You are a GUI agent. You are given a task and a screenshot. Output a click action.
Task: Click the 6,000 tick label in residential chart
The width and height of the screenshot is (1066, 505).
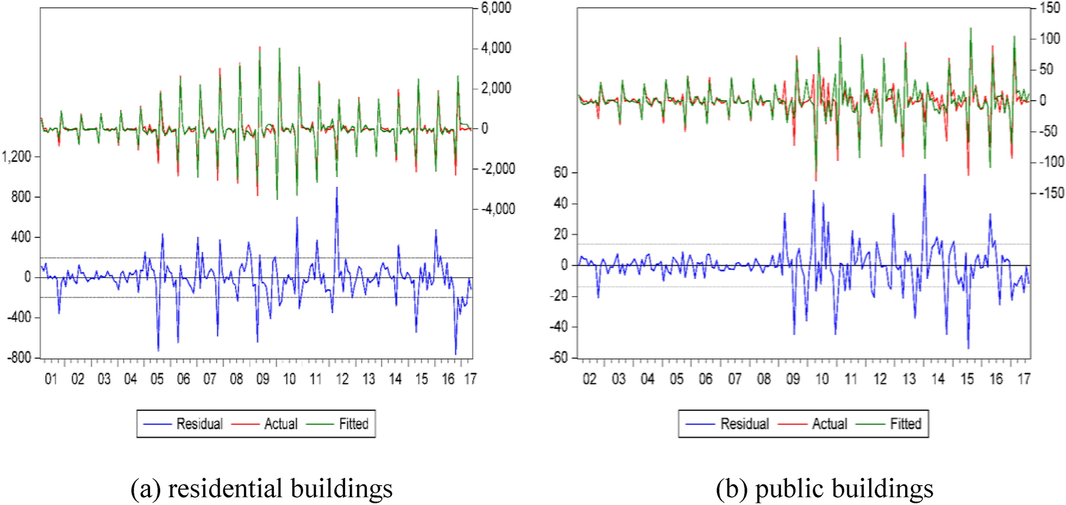pos(496,8)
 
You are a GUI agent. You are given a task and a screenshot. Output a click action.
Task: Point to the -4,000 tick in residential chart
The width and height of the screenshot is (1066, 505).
pos(497,209)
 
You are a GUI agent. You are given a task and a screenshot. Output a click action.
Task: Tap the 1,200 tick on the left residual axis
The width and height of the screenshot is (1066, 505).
pos(16,157)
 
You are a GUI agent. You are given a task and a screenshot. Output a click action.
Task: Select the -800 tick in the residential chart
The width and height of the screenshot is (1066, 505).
pos(19,358)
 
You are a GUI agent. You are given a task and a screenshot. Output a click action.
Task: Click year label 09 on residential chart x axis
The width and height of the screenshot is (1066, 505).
pos(263,379)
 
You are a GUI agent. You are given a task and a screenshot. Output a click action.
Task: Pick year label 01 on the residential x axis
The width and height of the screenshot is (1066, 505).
pos(51,379)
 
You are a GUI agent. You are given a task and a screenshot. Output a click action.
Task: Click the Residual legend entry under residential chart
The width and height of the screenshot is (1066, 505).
pos(199,424)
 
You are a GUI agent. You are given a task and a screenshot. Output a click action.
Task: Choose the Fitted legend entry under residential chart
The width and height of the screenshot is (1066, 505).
pos(354,424)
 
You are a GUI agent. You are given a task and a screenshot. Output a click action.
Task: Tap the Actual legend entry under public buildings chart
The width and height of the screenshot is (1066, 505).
pos(829,424)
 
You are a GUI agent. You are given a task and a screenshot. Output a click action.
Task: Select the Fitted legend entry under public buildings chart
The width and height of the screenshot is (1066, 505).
pos(906,424)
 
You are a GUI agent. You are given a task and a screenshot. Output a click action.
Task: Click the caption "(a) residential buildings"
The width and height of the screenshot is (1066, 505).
pos(261,488)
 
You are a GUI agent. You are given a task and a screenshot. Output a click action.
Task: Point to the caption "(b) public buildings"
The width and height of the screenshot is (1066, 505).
pos(824,488)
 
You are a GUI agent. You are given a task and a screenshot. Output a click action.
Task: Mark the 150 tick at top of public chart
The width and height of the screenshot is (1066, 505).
pos(1050,8)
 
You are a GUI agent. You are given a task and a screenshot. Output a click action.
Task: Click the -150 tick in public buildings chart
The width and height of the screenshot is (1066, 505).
pos(1052,193)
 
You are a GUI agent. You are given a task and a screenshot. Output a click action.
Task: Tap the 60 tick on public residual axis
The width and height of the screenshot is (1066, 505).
pos(560,172)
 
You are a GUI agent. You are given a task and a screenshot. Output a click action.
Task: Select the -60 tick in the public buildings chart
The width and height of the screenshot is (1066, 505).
pos(558,358)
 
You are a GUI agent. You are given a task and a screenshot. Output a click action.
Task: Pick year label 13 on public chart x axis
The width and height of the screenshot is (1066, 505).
pos(909,379)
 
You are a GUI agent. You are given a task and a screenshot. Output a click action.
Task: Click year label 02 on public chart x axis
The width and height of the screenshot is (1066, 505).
pos(590,379)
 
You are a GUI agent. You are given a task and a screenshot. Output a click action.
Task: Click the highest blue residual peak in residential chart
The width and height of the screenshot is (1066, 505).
pos(337,189)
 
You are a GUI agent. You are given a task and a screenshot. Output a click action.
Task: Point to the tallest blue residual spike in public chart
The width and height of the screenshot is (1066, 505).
pos(924,175)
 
